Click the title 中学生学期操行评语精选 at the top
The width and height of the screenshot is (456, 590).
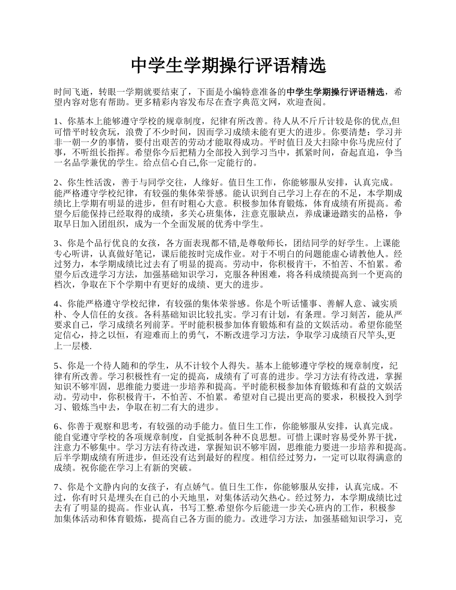[x=228, y=66]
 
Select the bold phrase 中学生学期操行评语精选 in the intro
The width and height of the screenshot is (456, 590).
[x=335, y=92]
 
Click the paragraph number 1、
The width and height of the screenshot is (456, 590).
[x=60, y=122]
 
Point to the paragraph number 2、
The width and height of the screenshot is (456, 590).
[x=60, y=182]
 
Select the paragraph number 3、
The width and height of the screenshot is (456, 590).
[x=60, y=243]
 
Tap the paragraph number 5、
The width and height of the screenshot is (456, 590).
[x=60, y=365]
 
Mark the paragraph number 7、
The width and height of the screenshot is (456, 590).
[x=60, y=486]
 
